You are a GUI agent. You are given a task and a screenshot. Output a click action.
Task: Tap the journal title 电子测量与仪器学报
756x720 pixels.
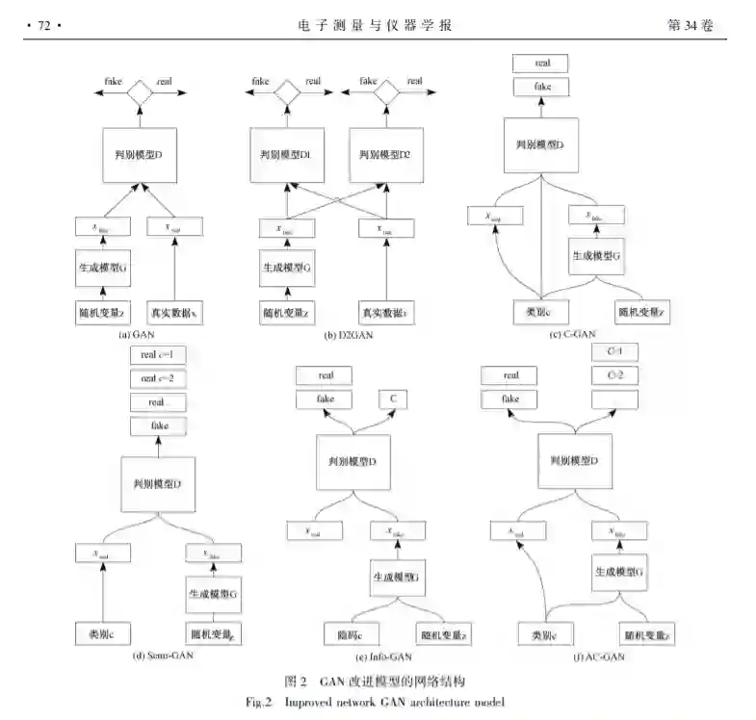(x=376, y=26)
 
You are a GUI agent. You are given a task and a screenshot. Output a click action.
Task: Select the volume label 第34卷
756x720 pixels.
(x=691, y=26)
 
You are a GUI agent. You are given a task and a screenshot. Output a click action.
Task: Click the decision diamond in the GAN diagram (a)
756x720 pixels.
(x=142, y=92)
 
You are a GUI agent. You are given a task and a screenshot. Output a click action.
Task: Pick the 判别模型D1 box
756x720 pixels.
(x=285, y=154)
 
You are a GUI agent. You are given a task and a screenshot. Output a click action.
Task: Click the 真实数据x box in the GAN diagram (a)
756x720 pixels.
(x=173, y=311)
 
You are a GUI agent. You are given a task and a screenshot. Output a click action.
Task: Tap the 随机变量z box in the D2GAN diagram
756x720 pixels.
(x=286, y=311)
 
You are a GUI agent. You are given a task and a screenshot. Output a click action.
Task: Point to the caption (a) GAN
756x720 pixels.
(x=137, y=335)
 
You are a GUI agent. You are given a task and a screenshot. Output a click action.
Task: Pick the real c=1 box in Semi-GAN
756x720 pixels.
(x=155, y=355)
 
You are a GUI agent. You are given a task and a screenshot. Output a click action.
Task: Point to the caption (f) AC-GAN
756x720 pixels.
(x=599, y=657)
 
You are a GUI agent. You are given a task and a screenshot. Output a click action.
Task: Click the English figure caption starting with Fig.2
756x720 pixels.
(x=381, y=701)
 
